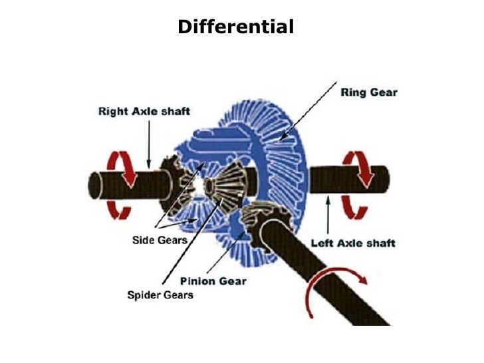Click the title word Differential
235,27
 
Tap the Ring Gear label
368,92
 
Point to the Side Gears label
156,239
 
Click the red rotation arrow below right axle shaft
120,209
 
